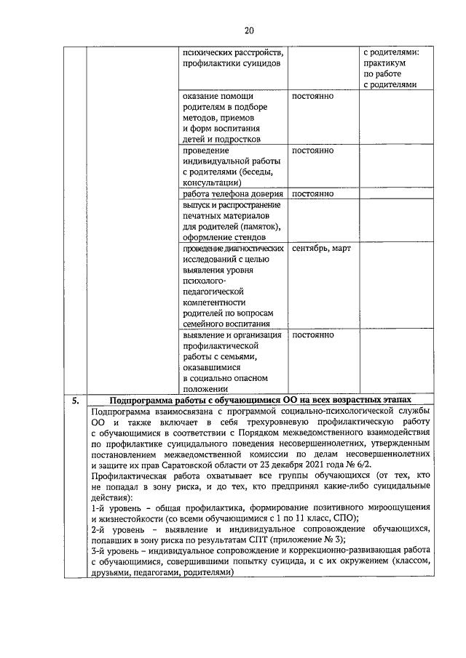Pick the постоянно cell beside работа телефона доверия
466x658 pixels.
(312, 194)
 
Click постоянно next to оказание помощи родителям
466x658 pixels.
(312, 96)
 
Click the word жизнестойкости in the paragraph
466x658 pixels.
(130, 519)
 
